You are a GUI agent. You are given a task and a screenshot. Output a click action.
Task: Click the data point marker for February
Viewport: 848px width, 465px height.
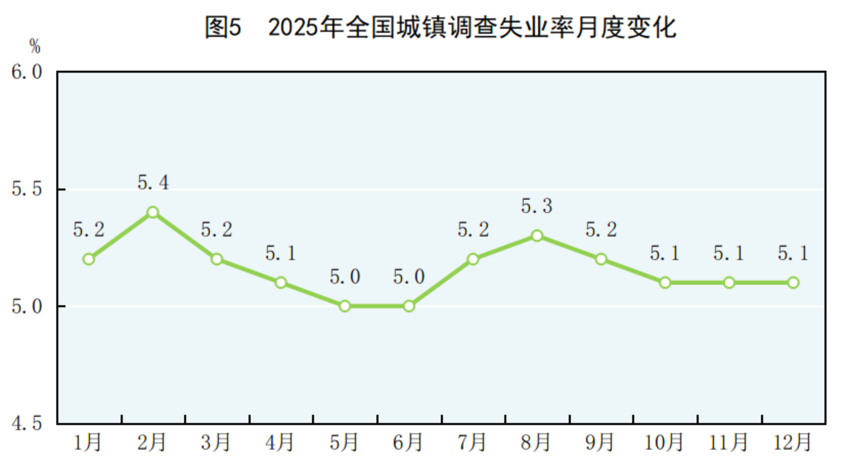[153, 213]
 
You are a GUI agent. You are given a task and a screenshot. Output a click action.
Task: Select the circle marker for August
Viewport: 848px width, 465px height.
[537, 236]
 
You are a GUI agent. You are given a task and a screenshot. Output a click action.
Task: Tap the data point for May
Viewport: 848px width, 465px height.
[345, 306]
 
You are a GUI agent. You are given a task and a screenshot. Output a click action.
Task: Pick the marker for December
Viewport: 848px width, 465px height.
[793, 283]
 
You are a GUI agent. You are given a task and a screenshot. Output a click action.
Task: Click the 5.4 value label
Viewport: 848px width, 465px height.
[153, 183]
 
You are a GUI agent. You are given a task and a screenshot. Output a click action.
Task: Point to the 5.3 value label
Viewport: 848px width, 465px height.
[537, 206]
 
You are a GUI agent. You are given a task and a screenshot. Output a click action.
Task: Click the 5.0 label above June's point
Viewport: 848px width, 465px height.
[408, 277]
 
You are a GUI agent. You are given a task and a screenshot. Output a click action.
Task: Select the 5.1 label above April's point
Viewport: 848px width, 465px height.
[281, 253]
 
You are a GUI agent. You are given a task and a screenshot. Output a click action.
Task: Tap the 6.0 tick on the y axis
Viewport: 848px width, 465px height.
[27, 72]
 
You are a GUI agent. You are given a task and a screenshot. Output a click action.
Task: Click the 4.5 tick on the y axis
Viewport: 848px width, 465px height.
[27, 423]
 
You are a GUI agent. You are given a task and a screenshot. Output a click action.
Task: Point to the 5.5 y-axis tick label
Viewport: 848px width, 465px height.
[27, 189]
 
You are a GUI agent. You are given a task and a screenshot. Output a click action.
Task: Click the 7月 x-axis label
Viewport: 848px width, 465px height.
[472, 442]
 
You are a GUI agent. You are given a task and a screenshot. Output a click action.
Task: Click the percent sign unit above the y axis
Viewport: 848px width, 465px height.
[35, 46]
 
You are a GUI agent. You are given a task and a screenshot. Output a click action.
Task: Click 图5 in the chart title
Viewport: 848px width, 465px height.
[223, 27]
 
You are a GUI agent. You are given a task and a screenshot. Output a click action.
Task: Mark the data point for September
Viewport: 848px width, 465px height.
[601, 259]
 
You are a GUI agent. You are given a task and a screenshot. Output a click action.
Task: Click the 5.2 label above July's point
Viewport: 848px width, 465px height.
[473, 230]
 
